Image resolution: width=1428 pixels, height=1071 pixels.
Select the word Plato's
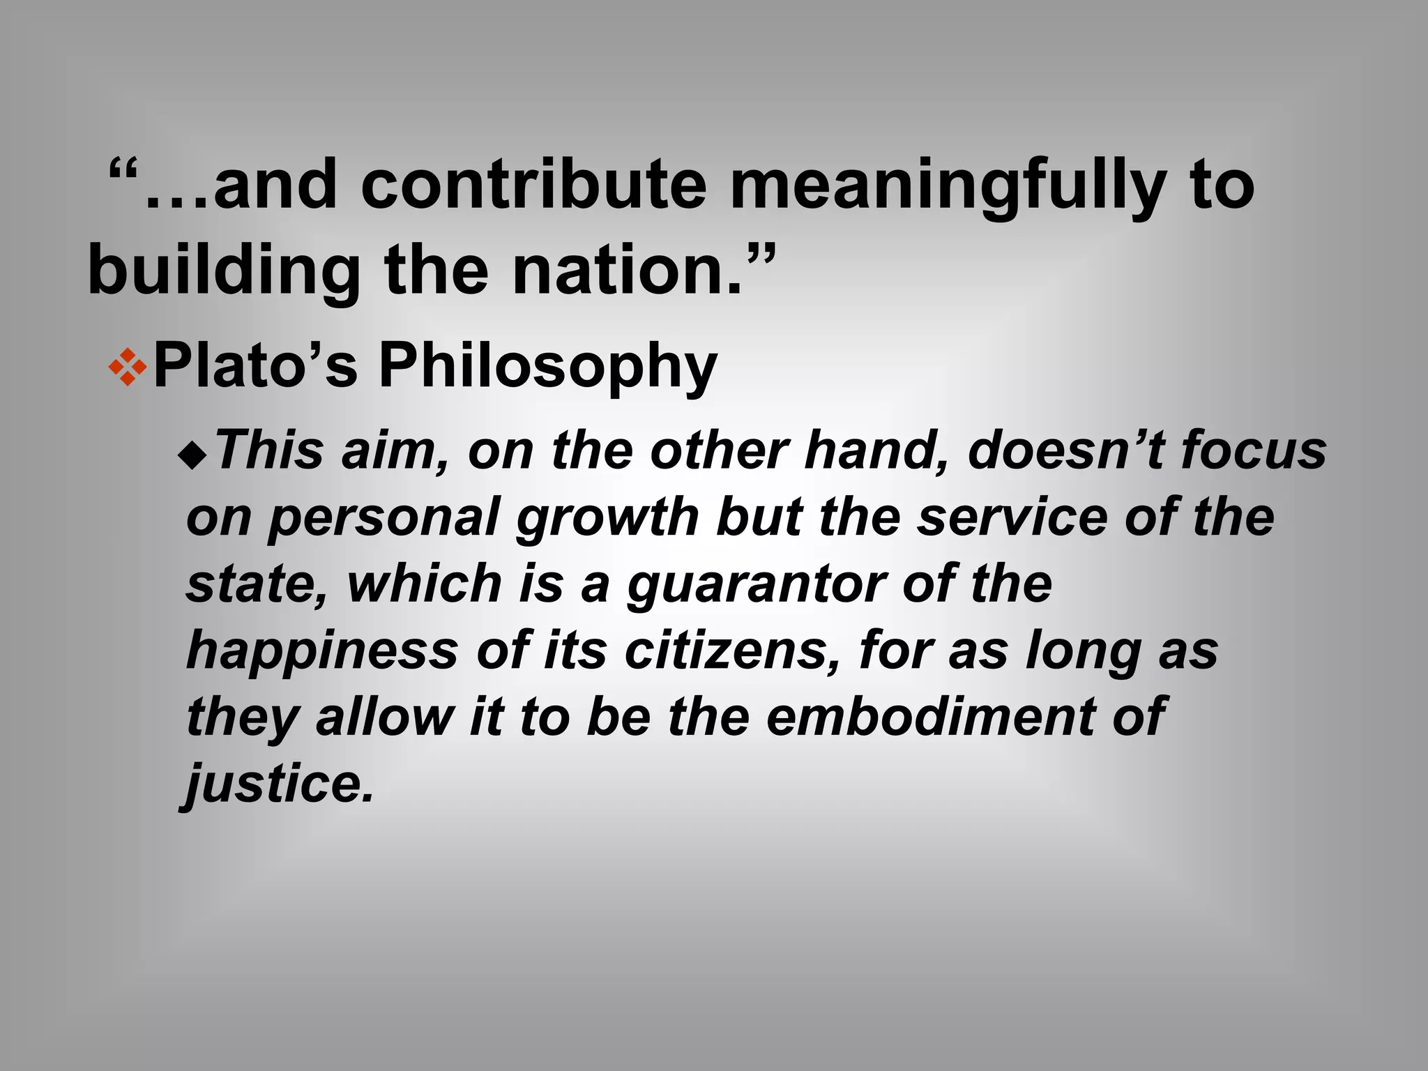pyautogui.click(x=255, y=365)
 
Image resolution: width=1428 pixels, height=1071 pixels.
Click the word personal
pyautogui.click(x=384, y=518)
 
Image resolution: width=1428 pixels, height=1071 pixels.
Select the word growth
pyautogui.click(x=607, y=518)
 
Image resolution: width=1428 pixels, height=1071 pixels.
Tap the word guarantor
pyautogui.click(x=757, y=585)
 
